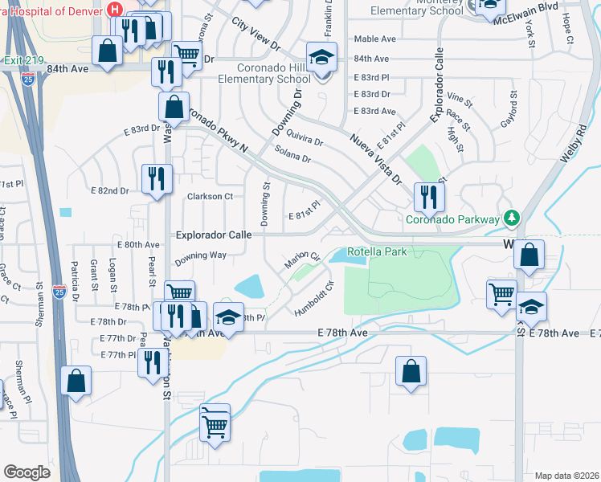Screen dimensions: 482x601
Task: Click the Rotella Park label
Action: (378, 252)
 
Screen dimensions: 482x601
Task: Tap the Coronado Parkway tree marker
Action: (510, 219)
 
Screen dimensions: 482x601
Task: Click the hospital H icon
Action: (114, 10)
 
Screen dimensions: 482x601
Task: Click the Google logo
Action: (27, 472)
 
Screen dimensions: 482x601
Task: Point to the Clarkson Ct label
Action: (210, 196)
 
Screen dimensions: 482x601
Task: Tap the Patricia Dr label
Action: (76, 272)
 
